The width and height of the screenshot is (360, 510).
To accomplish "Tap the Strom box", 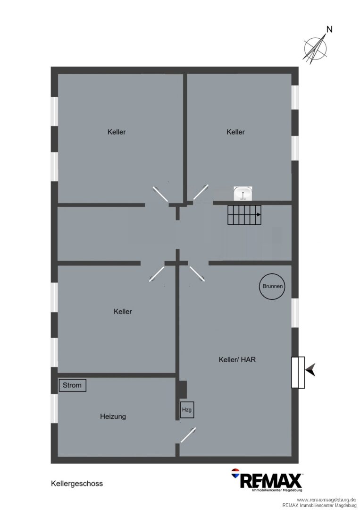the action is click(73, 385).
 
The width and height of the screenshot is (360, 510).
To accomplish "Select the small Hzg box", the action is click(187, 410).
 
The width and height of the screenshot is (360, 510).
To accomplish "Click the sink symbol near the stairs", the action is click(243, 194).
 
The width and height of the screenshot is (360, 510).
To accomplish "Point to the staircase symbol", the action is click(244, 215).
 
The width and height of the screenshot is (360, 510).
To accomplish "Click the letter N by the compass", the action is click(329, 30).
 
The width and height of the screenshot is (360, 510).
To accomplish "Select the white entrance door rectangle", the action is click(298, 373).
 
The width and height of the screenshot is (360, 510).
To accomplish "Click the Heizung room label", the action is click(113, 416).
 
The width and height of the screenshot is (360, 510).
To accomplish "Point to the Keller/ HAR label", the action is click(237, 359).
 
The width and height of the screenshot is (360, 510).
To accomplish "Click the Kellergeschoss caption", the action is click(77, 484).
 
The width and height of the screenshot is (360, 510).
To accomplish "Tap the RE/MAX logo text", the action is click(271, 481).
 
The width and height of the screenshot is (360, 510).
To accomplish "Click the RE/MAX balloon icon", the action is click(235, 473).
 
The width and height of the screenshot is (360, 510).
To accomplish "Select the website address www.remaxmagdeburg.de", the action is click(326, 500).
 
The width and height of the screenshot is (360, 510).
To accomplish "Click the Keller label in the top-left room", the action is click(117, 132).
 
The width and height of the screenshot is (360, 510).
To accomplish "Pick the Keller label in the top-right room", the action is click(235, 132).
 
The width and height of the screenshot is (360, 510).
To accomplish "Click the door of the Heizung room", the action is click(188, 435).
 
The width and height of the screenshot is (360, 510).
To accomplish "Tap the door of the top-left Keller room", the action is click(161, 194).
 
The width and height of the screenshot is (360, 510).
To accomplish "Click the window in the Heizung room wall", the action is click(54, 408).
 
